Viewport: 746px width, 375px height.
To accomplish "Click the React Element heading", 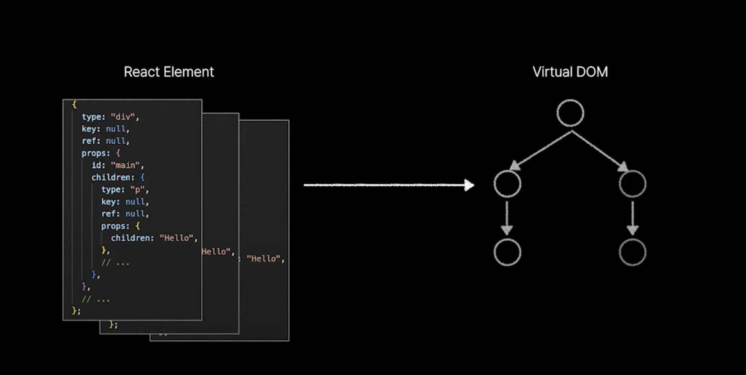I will coord(169,72).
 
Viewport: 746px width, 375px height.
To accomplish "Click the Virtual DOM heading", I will coord(570,72).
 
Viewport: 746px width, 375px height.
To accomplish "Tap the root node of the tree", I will coord(570,113).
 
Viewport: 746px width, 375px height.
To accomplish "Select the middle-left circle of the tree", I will coord(507,184).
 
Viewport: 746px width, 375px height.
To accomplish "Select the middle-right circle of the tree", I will coord(633,184).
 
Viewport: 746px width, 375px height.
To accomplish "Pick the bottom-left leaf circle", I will coord(507,252).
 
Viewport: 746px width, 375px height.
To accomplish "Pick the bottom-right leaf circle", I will coord(633,252).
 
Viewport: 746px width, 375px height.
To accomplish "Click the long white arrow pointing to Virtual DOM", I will coord(389,185).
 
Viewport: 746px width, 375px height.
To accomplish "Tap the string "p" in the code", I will coord(137,189).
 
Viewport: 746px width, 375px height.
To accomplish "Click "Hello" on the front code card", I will coord(176,238).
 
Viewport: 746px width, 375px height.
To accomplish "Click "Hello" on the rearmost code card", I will coord(263,259).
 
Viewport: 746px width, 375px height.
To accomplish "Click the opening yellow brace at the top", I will coord(74,105).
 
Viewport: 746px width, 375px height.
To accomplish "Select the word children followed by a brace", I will coord(113,177).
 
